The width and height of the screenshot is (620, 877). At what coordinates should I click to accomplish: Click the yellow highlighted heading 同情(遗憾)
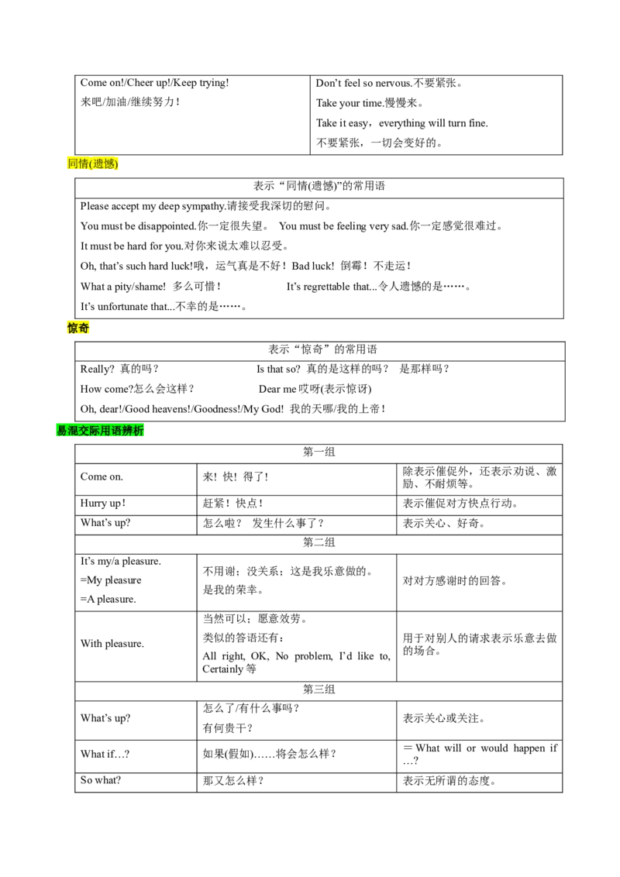tap(93, 163)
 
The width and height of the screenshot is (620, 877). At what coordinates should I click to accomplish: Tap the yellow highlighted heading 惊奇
tap(78, 328)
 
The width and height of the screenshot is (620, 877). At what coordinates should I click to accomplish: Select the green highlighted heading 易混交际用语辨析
tap(100, 430)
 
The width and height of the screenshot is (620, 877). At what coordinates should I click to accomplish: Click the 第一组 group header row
tap(319, 452)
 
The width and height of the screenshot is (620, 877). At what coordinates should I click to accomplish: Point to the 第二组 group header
tap(319, 542)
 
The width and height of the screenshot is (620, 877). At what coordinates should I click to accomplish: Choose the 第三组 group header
tap(319, 689)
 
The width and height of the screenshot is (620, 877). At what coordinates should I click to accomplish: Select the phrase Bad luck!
tap(313, 267)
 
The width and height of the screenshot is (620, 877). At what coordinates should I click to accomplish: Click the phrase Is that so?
tap(278, 369)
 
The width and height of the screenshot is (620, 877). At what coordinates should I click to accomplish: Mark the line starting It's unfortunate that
tap(164, 307)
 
